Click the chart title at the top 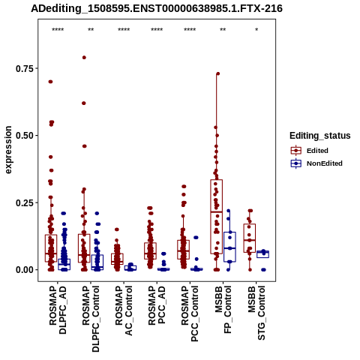coord(157,8)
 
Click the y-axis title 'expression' coord(8,150)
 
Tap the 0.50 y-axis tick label coord(25,136)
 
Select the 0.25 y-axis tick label coord(25,202)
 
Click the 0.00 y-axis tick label coord(25,270)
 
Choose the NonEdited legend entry coord(316,163)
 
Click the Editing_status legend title coord(320,136)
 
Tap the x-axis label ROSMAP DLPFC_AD coord(58,310)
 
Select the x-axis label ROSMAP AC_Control coord(124,310)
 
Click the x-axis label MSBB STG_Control coord(256,313)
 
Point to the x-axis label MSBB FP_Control coord(223,310)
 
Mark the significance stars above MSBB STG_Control coord(256,30)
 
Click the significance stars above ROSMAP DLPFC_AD coord(58,30)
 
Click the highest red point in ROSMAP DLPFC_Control coord(84,58)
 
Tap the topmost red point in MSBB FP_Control coord(218,73)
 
